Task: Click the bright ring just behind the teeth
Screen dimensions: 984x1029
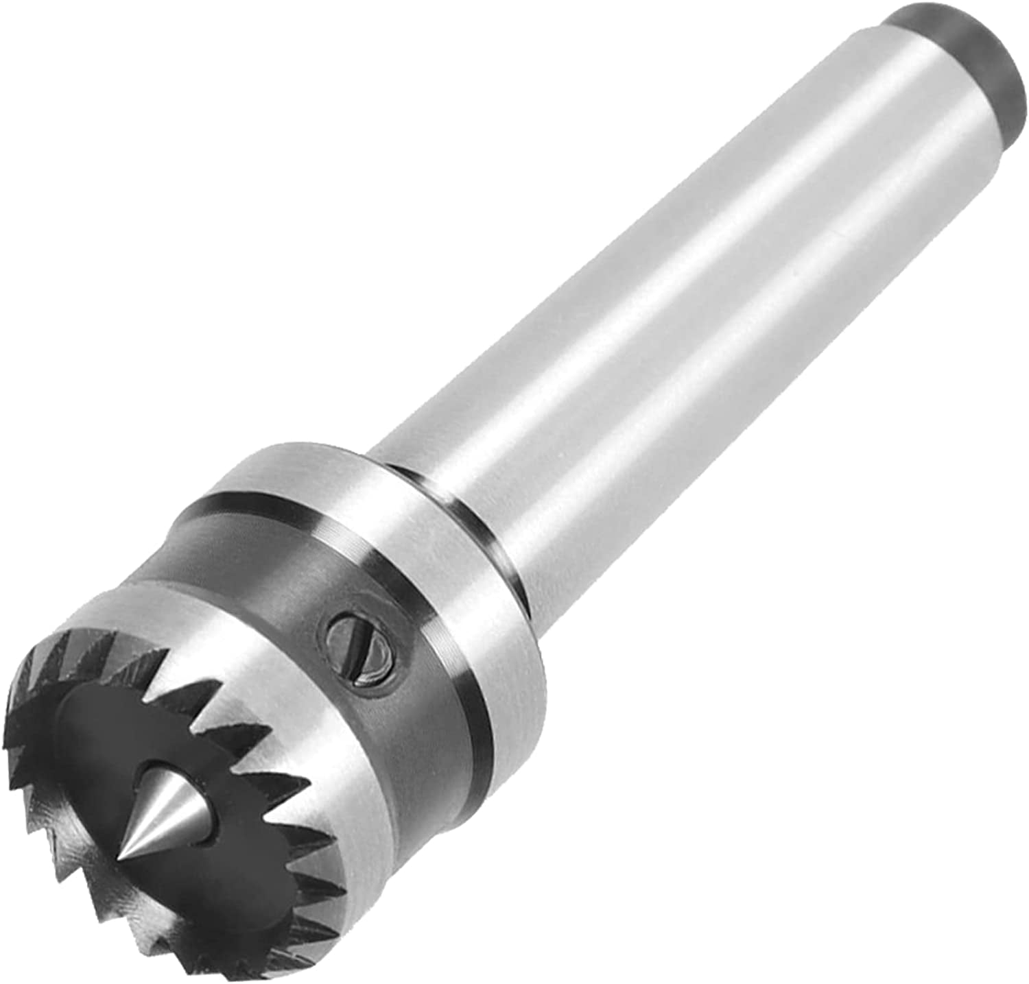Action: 302,720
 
